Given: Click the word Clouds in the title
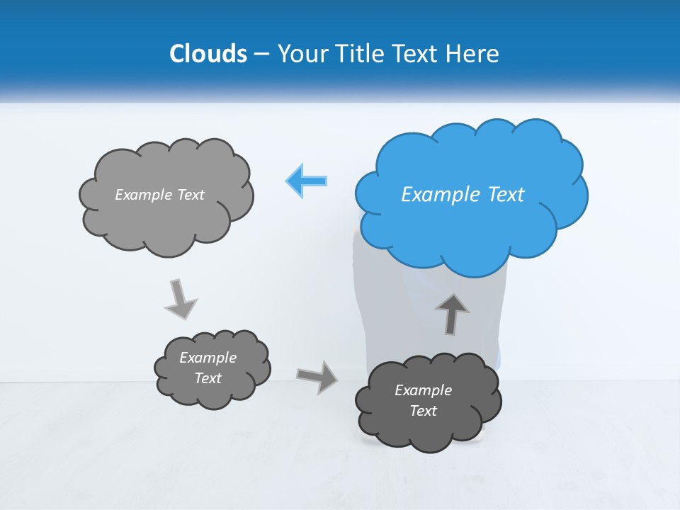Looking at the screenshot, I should [x=208, y=54].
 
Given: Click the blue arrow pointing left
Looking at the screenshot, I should [x=307, y=181].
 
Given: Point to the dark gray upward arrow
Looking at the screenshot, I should [x=452, y=313].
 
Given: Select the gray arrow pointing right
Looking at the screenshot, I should [x=317, y=376].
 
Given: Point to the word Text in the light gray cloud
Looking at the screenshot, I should [x=191, y=195].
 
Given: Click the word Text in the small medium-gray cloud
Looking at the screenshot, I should [x=208, y=378].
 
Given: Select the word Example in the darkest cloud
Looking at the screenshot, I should [x=423, y=390].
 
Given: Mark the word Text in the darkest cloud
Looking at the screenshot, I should [x=423, y=411].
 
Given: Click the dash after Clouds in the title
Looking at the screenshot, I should [x=261, y=55].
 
